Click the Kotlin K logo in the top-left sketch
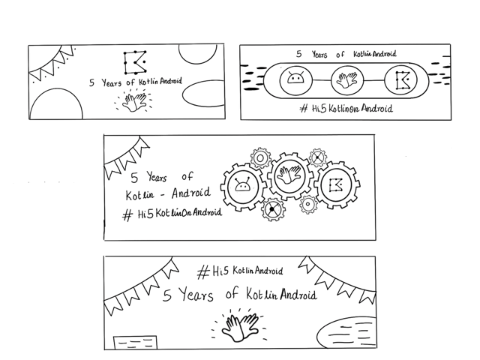tap(135, 62)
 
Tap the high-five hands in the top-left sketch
tap(134, 102)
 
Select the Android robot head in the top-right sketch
tap(295, 78)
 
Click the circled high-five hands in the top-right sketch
tap(346, 80)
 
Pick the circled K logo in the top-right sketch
tap(400, 80)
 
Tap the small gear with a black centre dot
tap(273, 209)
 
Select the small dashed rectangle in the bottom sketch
tap(135, 343)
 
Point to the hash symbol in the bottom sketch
tap(203, 272)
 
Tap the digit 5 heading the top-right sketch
tap(299, 54)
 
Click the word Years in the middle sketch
tap(157, 177)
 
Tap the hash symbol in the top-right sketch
tap(303, 108)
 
